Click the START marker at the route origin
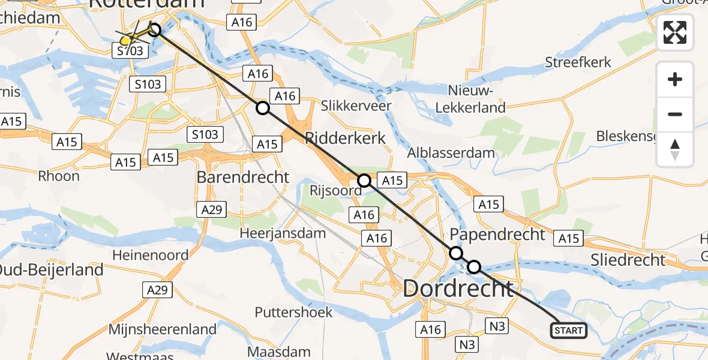coord(568,331)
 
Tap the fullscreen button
coord(675,32)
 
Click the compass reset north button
coord(675,149)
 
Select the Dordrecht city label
coord(458,289)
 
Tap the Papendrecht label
coord(497,234)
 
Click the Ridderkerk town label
coord(346,138)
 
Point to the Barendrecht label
coord(243,178)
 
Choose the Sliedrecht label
coord(628,260)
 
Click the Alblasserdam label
coord(451,152)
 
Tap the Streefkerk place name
coord(578,62)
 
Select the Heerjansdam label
coord(283,233)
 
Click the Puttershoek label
coord(293,312)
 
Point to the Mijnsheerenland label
coord(162,329)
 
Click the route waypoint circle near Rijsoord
coord(364,180)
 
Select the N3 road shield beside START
coord(498,326)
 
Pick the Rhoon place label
coord(59,176)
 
